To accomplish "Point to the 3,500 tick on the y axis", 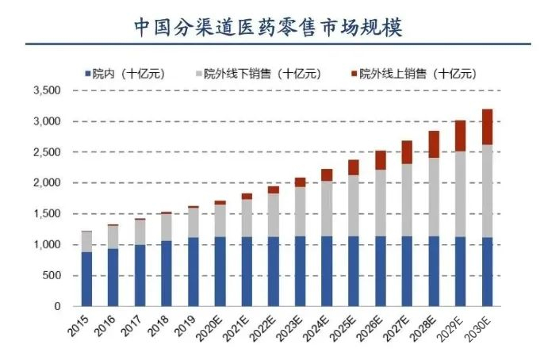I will coord(47,91).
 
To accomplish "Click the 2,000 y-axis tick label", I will coord(47,183).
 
